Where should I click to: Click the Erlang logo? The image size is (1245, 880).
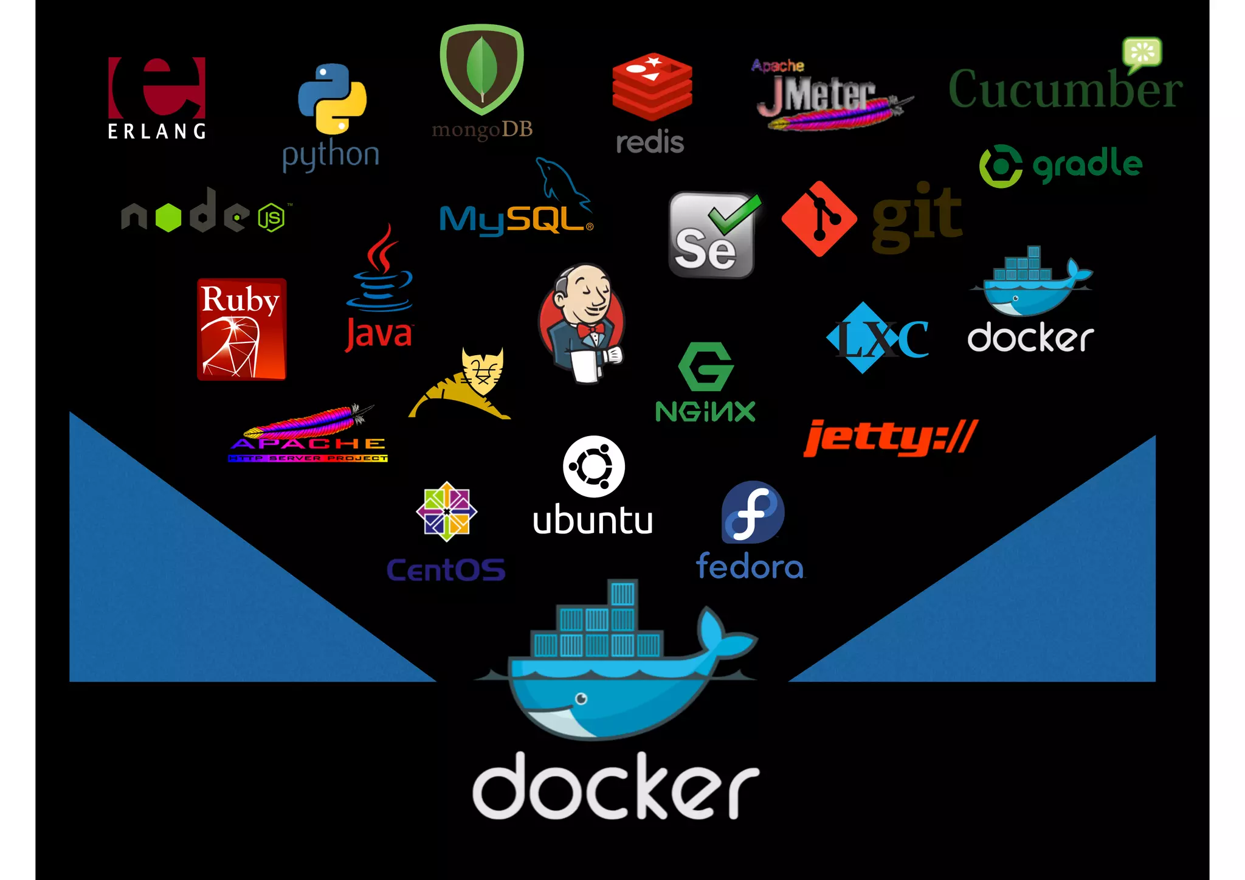(x=157, y=97)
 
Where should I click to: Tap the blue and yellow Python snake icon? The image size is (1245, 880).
(x=332, y=99)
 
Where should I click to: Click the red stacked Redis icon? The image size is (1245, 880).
(x=652, y=86)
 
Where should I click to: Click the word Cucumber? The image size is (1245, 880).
(x=1065, y=90)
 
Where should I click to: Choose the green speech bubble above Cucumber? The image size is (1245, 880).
(x=1142, y=53)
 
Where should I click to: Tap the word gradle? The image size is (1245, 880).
(x=1087, y=164)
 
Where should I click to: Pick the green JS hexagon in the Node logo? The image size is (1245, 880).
(x=271, y=218)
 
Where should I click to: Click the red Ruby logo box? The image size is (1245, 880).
(x=241, y=329)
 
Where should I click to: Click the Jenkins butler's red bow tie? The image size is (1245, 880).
(x=591, y=330)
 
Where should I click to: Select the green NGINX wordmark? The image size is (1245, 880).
(x=705, y=412)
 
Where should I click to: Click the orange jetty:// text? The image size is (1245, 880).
(x=890, y=438)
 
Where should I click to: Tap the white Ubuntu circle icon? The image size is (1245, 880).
(x=593, y=466)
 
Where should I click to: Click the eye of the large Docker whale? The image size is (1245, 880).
(x=581, y=698)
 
